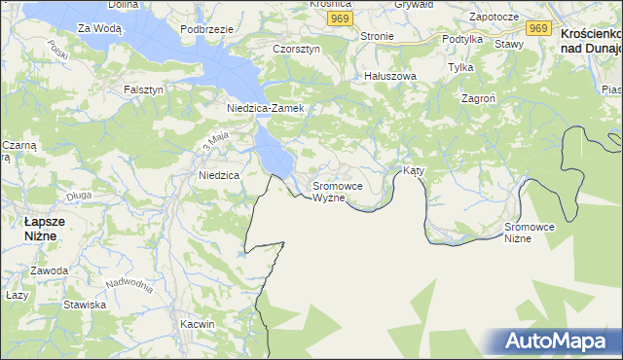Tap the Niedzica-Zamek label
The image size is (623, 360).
click(x=266, y=108)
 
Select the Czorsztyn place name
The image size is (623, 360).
click(x=297, y=49)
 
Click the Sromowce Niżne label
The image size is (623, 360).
click(x=530, y=233)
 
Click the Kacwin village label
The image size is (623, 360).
click(x=197, y=323)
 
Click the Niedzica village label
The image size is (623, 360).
click(x=219, y=176)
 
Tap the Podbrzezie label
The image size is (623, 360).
click(x=206, y=29)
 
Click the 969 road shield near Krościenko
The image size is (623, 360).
click(x=539, y=28)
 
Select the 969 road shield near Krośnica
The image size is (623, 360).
click(x=339, y=19)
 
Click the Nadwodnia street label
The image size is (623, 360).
click(x=130, y=285)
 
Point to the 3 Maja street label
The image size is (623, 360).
click(x=215, y=143)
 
